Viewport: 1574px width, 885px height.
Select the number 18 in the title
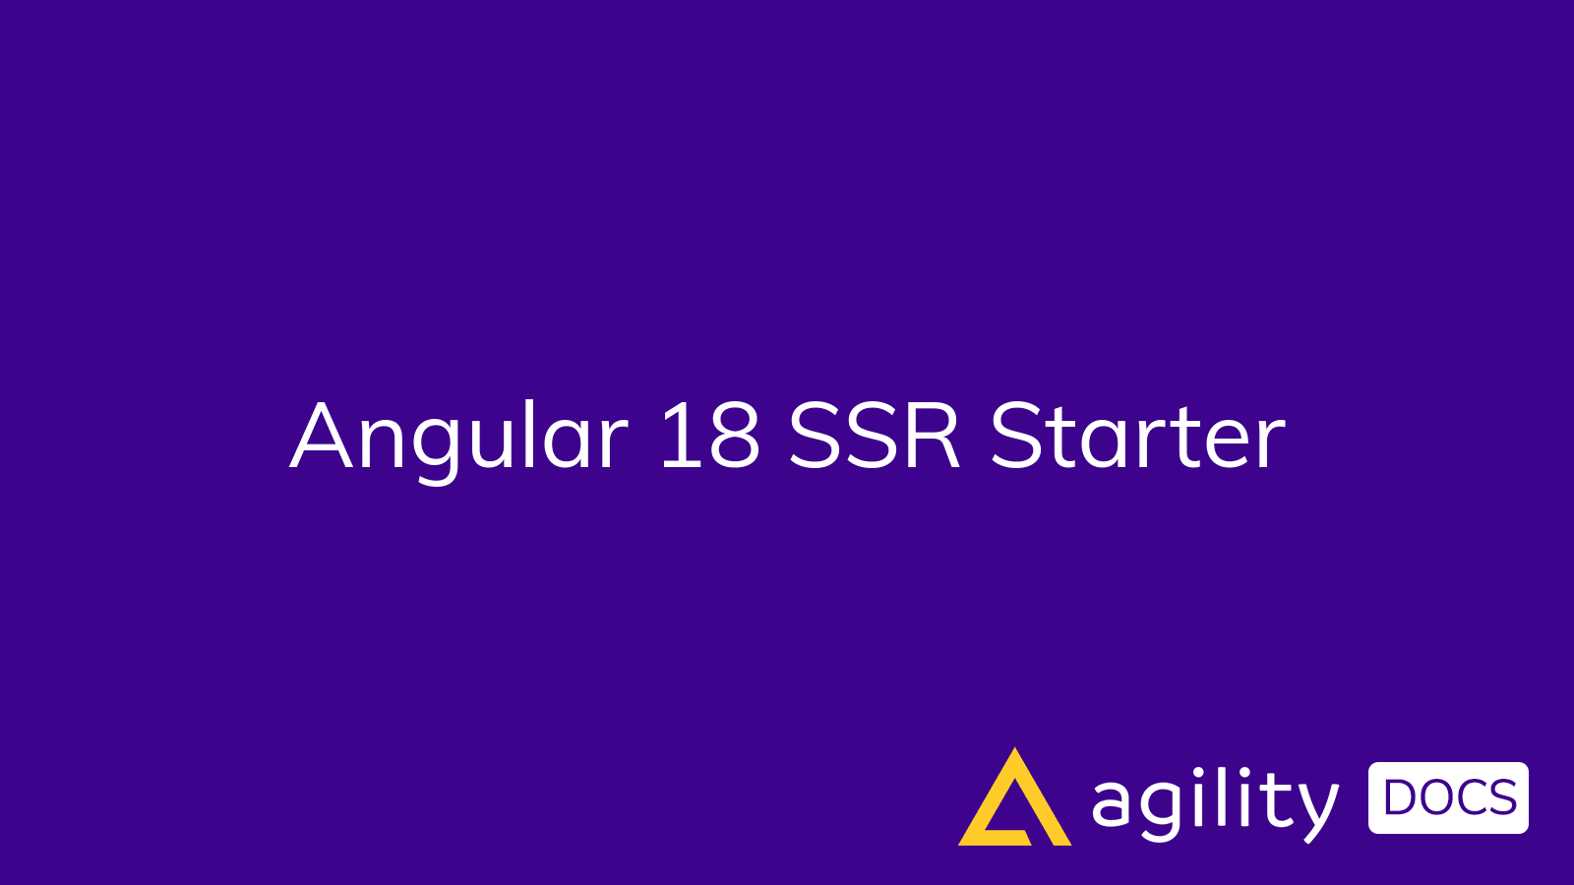[709, 436]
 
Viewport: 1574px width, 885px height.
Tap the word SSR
[875, 436]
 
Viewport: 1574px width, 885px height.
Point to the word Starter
[1137, 436]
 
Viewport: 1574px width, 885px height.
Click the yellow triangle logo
[1014, 801]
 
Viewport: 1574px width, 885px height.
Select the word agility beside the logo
[1215, 803]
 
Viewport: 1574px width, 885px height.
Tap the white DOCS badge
[1448, 797]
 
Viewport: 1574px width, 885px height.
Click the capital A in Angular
[321, 436]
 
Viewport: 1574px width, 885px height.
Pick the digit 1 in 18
[675, 436]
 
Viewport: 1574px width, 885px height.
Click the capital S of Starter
[1017, 436]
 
